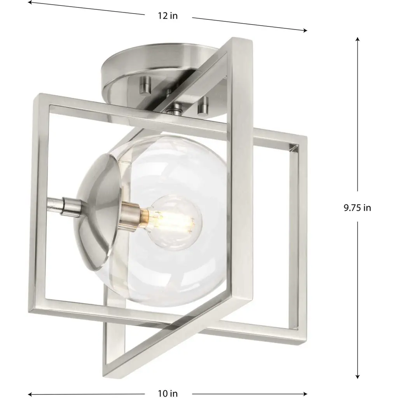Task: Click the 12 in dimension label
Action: tap(168, 16)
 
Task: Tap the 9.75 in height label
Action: tap(357, 208)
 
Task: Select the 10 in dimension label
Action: tap(168, 393)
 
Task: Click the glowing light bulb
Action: tap(175, 222)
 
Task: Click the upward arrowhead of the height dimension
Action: tap(358, 39)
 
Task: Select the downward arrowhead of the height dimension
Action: tap(358, 376)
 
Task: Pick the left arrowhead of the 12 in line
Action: tap(30, 3)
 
